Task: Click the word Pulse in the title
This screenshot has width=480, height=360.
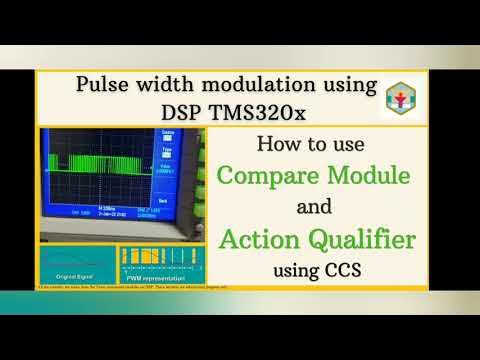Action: pos(102,84)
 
